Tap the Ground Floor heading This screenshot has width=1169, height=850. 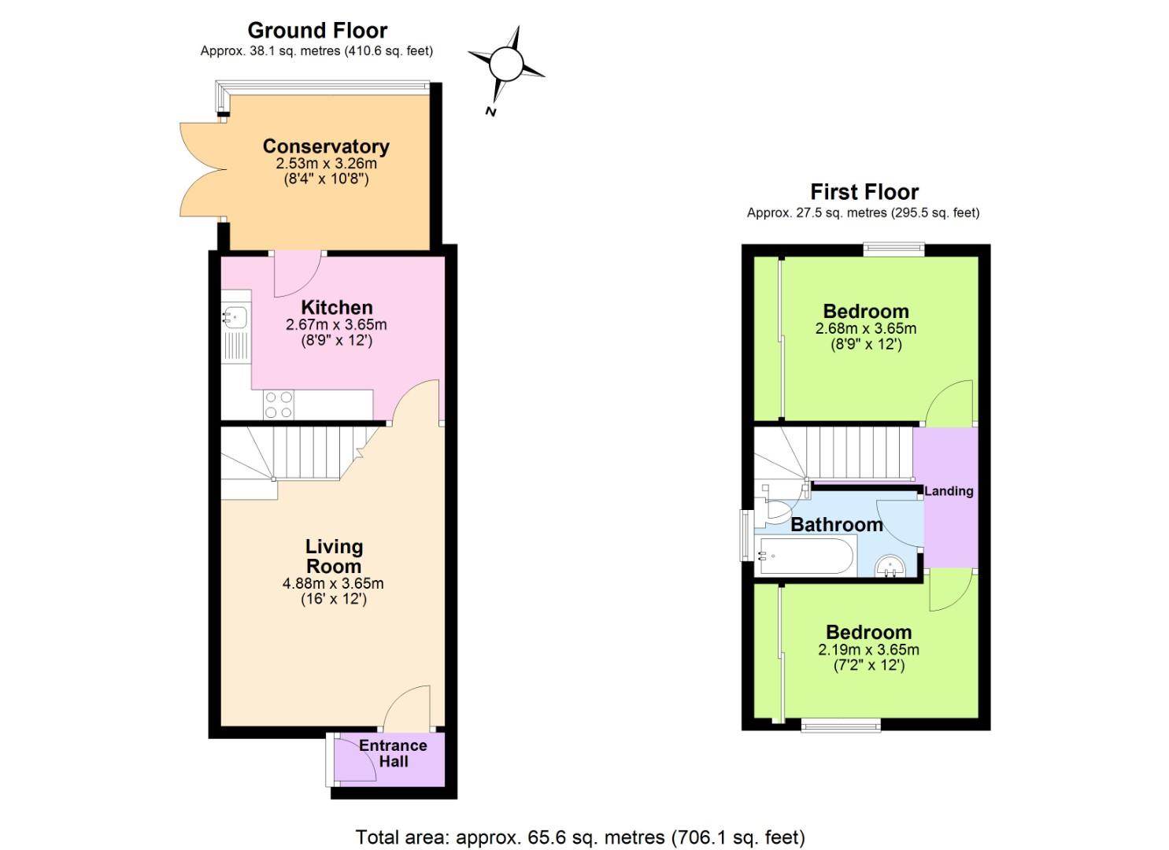[317, 31]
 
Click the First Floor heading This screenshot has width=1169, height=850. [864, 192]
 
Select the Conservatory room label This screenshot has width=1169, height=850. [326, 146]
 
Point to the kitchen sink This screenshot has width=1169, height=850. [235, 317]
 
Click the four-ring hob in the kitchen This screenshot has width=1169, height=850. [279, 405]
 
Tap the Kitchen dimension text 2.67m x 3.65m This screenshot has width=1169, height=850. [336, 324]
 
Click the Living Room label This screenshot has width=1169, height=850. [334, 556]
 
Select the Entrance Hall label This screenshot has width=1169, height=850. [393, 753]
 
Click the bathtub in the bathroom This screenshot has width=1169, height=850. [805, 556]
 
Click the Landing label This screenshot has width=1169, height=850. [949, 491]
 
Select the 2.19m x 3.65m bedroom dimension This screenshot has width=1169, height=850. [868, 650]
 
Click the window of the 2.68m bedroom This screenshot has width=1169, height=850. [893, 250]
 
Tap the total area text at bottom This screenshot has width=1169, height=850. [580, 837]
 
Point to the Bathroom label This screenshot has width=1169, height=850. [837, 525]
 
